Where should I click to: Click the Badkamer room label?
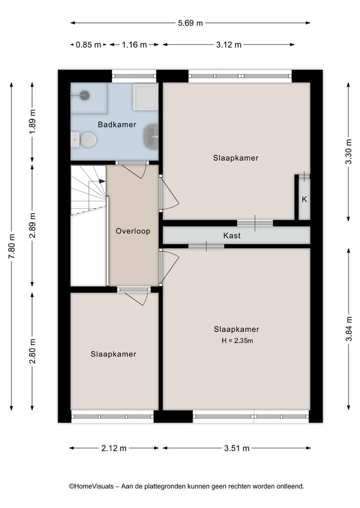[117, 124]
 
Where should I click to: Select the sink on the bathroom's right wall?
[150, 136]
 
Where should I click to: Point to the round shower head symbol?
[84, 94]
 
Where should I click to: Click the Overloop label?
[133, 231]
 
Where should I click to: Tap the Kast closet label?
[232, 235]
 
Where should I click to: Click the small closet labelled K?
[304, 199]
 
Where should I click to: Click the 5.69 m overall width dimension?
[190, 22]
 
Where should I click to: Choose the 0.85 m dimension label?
[88, 44]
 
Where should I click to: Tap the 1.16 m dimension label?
[134, 44]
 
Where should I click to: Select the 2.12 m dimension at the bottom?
[113, 448]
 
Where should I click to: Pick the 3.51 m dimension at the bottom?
[236, 448]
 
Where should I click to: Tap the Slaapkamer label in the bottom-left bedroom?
[113, 354]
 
